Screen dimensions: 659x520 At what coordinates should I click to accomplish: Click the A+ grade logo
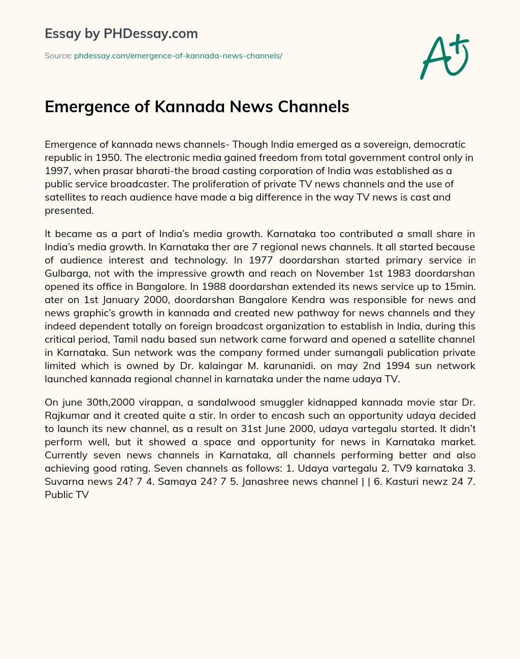[x=444, y=57]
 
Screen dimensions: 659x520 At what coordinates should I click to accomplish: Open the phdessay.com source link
[x=178, y=56]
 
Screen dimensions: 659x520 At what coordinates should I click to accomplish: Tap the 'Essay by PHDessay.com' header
[x=121, y=34]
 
